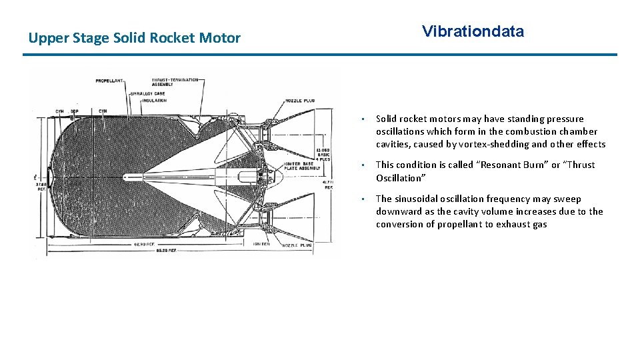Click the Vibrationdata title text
[473, 31]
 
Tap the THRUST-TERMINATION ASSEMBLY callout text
[175, 83]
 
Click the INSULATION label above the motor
[153, 101]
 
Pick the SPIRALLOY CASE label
[149, 94]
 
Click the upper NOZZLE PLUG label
[299, 101]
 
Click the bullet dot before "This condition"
[361, 165]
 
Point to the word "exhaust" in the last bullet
[515, 224]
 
